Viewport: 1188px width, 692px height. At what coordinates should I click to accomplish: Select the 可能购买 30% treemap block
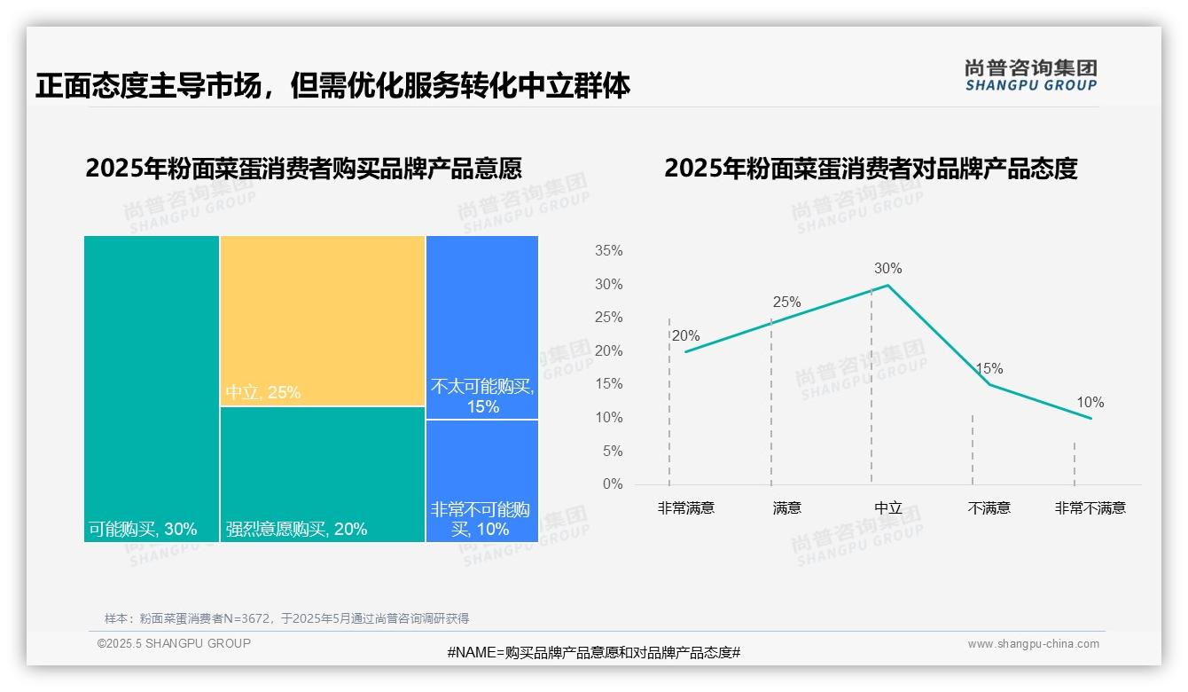click(152, 388)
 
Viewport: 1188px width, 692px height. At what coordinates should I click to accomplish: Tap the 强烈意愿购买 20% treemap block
click(323, 474)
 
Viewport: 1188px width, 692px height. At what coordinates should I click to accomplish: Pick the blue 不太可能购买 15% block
click(482, 326)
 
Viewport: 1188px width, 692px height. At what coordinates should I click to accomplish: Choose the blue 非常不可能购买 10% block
click(482, 480)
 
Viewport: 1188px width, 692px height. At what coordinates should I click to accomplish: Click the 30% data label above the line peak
click(887, 269)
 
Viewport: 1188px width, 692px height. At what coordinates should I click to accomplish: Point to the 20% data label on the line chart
click(685, 336)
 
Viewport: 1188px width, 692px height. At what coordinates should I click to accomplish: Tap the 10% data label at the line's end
click(1090, 403)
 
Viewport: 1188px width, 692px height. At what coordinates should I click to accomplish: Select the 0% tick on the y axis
click(613, 484)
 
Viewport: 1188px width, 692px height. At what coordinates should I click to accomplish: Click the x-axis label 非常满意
click(685, 508)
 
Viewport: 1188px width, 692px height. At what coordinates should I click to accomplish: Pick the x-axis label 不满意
click(989, 508)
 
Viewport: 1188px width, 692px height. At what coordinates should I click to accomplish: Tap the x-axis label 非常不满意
click(1090, 508)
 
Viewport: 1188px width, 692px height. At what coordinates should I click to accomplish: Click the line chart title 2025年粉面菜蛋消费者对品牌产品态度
click(871, 169)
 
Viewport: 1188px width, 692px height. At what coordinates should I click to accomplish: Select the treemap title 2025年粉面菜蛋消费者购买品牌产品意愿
click(303, 169)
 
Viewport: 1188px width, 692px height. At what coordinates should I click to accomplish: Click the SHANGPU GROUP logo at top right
click(1030, 75)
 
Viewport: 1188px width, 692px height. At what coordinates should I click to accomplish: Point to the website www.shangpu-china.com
click(1033, 644)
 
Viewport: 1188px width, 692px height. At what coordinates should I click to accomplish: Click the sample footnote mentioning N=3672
click(286, 618)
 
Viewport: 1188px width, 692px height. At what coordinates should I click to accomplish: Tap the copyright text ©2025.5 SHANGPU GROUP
click(174, 643)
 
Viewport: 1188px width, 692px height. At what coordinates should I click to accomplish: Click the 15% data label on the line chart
click(989, 369)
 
